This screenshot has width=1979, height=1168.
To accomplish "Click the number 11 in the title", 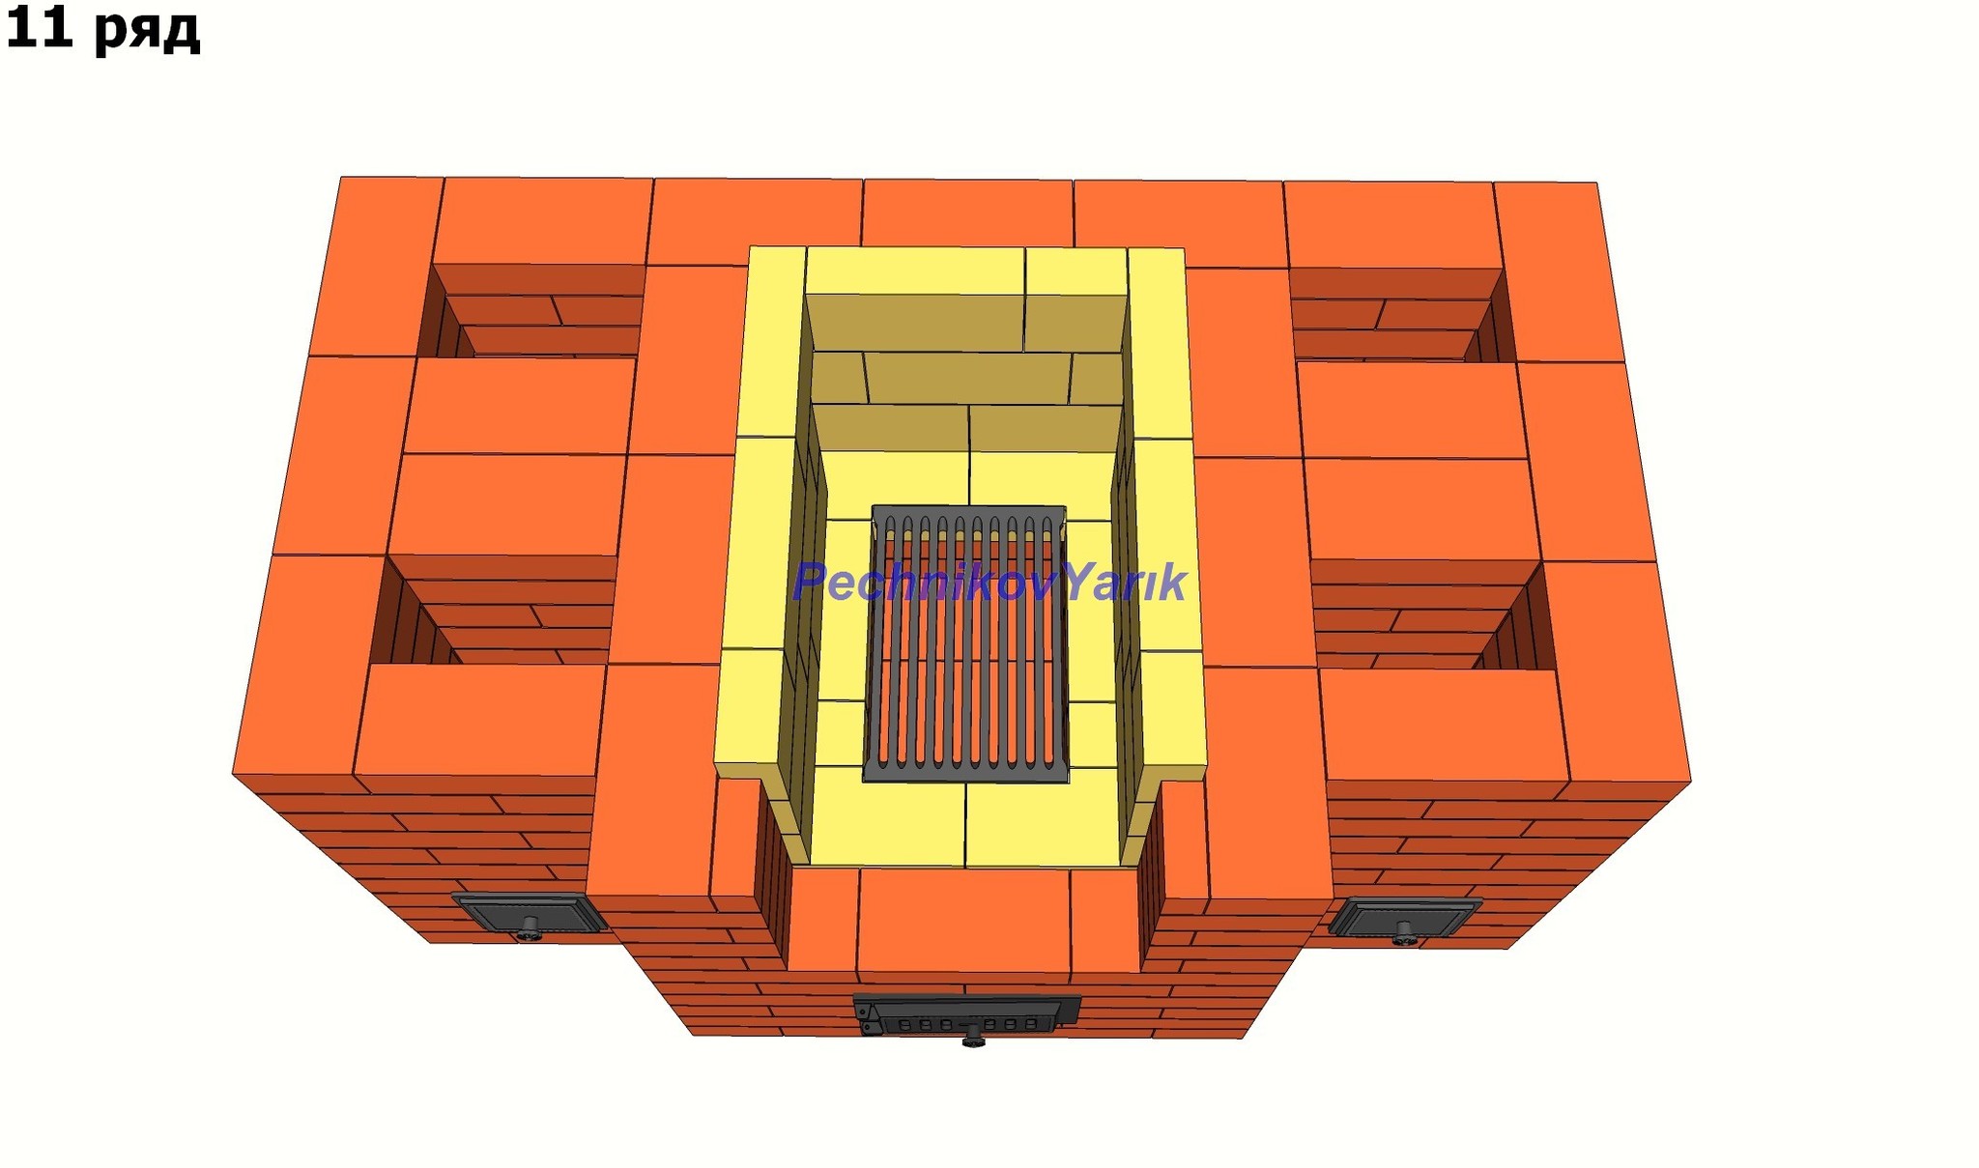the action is pyautogui.click(x=40, y=26).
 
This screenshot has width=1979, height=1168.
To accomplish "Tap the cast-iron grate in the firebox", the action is pyautogui.click(x=967, y=643).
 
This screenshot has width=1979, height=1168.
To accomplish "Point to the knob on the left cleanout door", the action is pyautogui.click(x=530, y=930).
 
